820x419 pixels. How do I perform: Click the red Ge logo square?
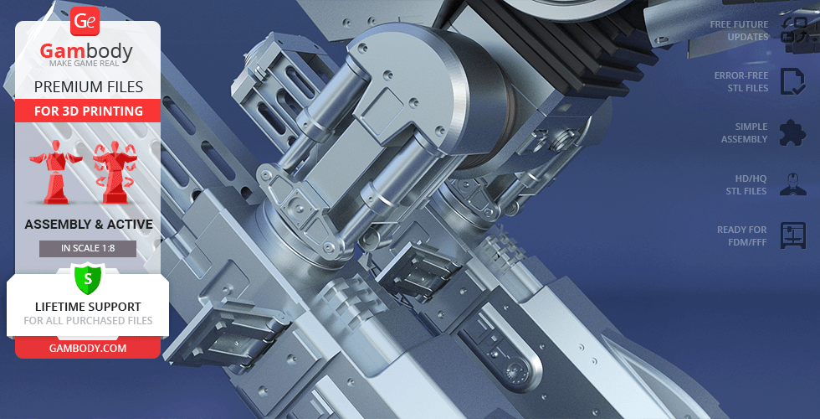(85, 21)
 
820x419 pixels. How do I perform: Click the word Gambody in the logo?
(86, 51)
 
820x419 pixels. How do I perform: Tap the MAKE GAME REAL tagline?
(85, 64)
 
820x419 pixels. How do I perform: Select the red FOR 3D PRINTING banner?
(88, 111)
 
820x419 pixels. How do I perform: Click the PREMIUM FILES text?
(89, 87)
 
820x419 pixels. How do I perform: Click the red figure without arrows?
(55, 173)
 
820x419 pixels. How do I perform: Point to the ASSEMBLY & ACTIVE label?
(89, 225)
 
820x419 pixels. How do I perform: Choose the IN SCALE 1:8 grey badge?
(88, 248)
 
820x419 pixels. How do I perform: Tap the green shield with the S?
(88, 278)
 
